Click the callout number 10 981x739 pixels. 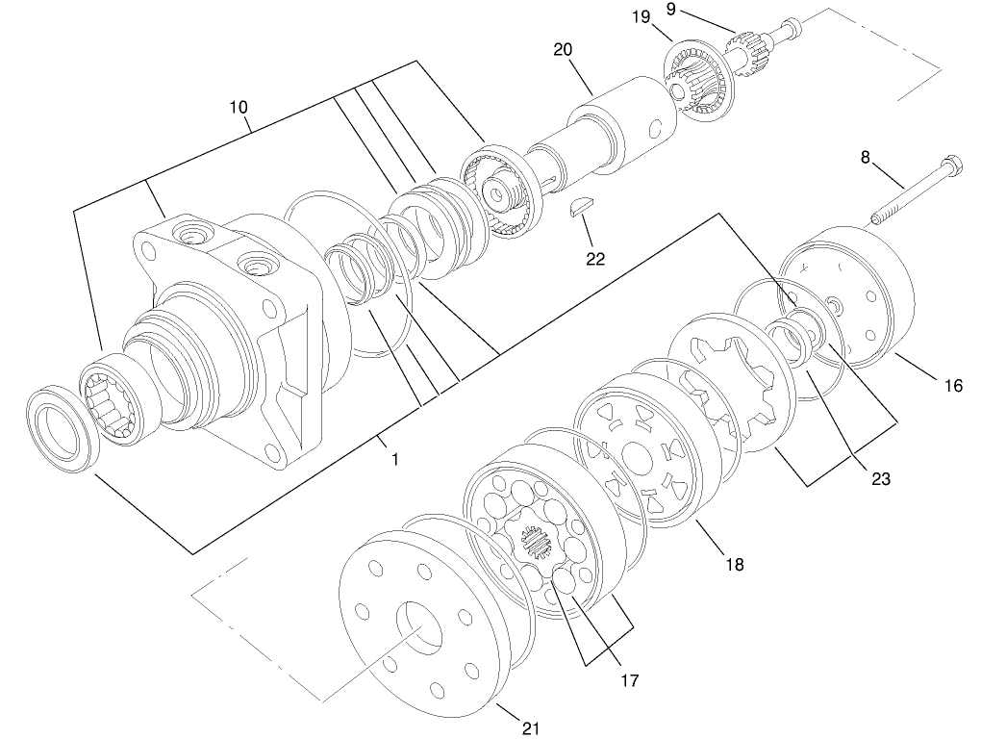coord(239,107)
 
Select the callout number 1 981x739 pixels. coord(394,460)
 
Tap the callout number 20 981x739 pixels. coord(564,50)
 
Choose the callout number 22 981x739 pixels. coord(596,260)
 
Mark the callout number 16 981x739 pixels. coord(952,387)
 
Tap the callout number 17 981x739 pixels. coord(629,681)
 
